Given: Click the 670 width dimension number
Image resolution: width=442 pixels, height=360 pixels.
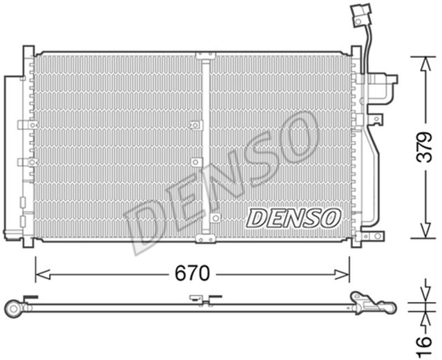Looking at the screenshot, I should coord(191,274).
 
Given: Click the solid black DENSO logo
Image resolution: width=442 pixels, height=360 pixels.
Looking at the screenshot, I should coord(294,218).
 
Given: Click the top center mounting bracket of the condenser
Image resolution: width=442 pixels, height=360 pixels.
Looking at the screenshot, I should coord(205,55).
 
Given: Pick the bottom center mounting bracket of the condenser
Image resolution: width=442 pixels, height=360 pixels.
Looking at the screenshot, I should coord(205,239).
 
